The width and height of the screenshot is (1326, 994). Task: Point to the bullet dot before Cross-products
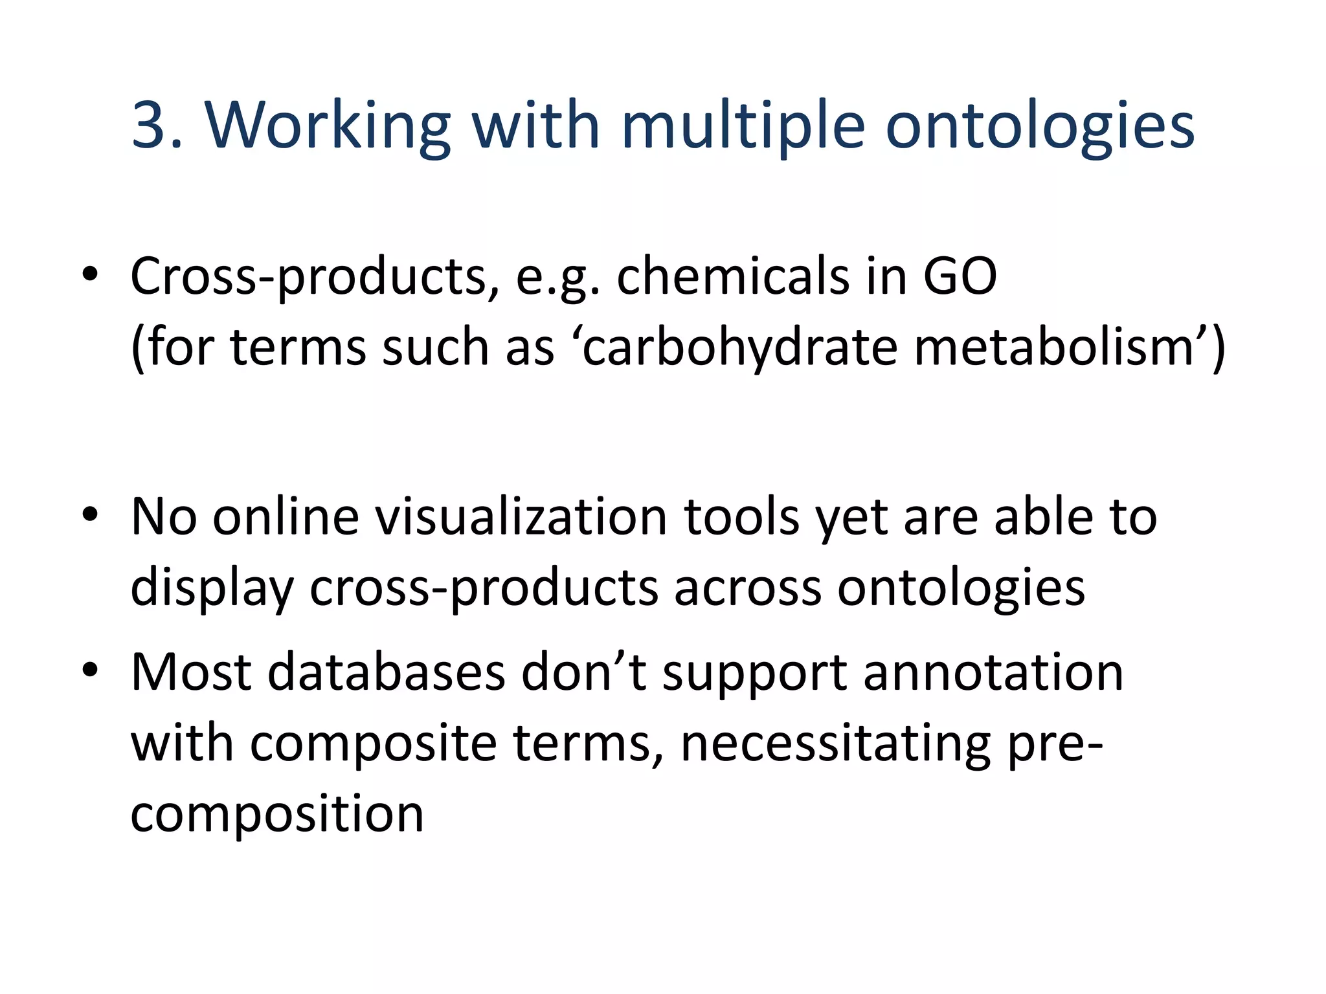[x=90, y=274]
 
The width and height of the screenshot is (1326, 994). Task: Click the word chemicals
[x=730, y=276]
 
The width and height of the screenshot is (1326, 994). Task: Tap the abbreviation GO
[x=960, y=276]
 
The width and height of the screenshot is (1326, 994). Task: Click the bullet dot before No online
[x=90, y=515]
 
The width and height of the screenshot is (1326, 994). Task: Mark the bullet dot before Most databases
[x=90, y=670]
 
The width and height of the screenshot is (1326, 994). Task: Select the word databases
[x=386, y=672]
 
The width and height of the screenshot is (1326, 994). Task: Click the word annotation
[x=993, y=672]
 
